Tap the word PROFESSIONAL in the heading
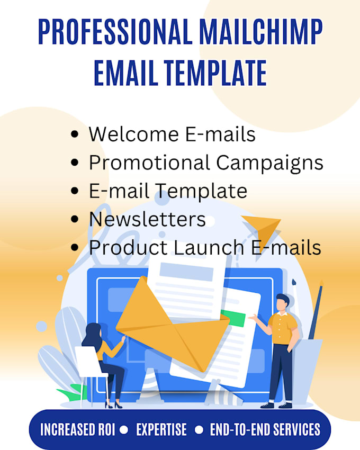[x=113, y=33]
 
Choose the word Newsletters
[x=147, y=219]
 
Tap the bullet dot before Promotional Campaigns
[x=75, y=163]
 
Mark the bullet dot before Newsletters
[x=75, y=219]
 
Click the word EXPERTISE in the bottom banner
[x=161, y=429]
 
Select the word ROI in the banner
[x=103, y=429]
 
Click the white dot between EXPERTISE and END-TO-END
[x=198, y=429]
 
